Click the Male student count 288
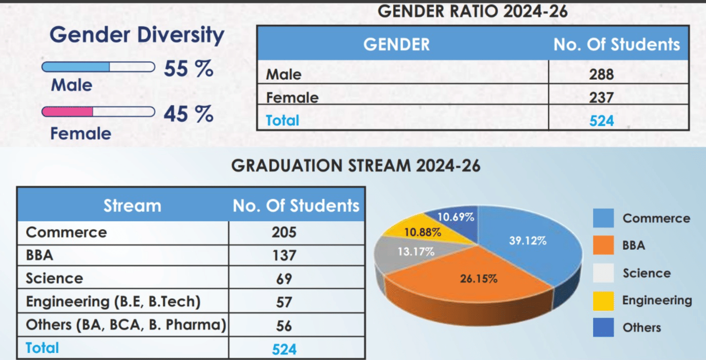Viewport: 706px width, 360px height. click(601, 74)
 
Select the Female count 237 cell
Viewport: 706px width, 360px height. click(601, 97)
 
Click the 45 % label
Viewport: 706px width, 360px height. click(188, 114)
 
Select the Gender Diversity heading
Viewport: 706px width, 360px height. click(137, 35)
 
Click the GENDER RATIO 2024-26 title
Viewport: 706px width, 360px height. click(473, 11)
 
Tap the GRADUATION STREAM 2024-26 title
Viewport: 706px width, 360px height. click(356, 166)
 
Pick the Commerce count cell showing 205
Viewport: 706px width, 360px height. click(284, 232)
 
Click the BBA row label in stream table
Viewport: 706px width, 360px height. click(39, 255)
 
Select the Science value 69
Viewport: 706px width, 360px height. click(284, 278)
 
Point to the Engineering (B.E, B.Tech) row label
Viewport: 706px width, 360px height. click(113, 302)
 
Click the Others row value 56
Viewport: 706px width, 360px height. click(284, 326)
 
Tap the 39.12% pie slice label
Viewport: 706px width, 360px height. click(527, 241)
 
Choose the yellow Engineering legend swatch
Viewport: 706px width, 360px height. click(603, 301)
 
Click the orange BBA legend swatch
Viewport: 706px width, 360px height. click(603, 246)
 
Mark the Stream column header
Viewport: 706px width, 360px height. click(132, 206)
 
